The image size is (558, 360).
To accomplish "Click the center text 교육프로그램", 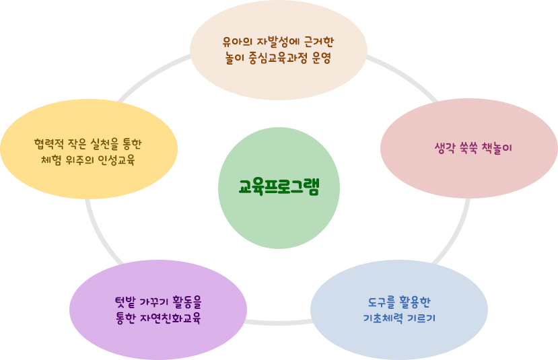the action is pos(279,187).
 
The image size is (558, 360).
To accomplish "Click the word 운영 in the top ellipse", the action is pos(322,58).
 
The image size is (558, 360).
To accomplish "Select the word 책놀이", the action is pos(497,148).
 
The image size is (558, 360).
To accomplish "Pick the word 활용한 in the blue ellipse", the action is pos(415,302).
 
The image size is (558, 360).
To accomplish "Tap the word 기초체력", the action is pos(383,318).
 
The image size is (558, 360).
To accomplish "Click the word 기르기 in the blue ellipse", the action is pos(421,318).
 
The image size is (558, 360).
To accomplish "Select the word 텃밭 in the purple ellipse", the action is pos(125,302).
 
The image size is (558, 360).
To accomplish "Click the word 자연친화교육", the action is pos(170,318).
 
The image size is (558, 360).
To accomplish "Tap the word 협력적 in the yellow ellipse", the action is pos(48,144).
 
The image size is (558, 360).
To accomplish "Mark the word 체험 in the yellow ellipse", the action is pos(51,160).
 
